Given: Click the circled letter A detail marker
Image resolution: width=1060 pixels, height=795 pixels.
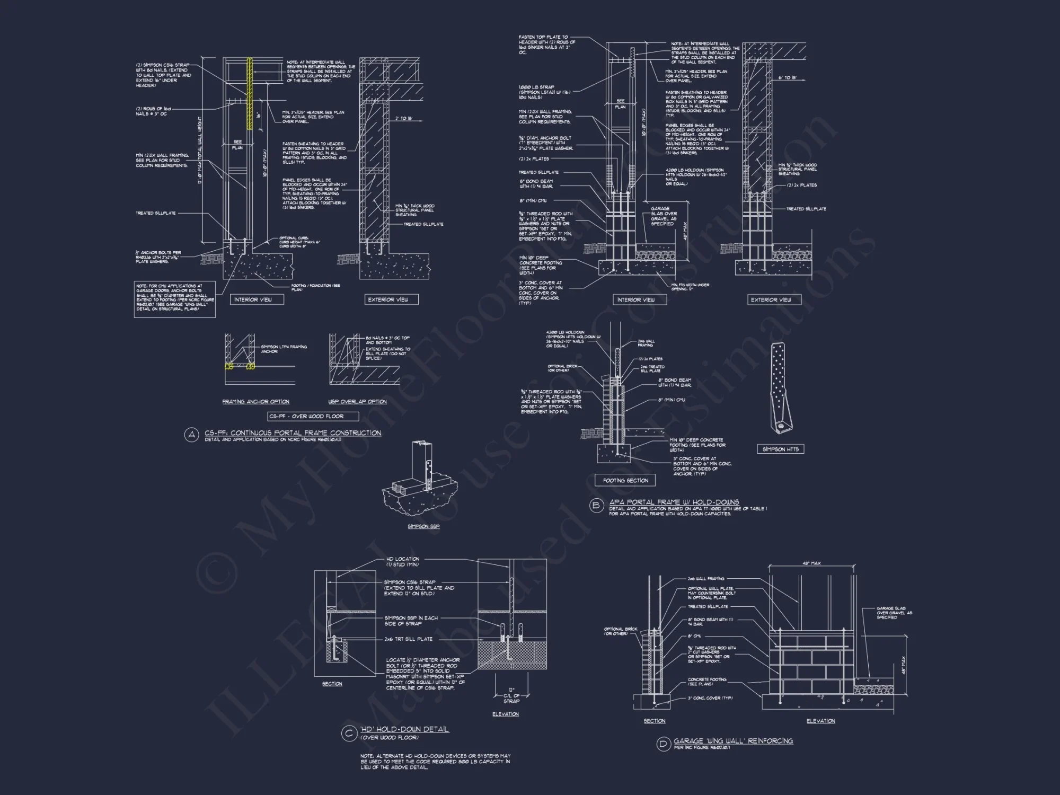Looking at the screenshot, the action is tap(191, 435).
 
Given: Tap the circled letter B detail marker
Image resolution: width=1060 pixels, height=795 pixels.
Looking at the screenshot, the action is tap(596, 505).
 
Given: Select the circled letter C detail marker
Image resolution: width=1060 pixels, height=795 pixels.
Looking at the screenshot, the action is tap(349, 734).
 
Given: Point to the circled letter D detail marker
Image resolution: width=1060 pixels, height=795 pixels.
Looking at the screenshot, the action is tap(663, 744).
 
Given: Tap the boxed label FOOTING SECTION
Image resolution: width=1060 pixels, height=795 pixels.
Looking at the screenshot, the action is tap(625, 481).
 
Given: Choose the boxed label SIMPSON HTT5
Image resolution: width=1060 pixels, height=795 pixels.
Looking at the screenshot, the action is tap(780, 449).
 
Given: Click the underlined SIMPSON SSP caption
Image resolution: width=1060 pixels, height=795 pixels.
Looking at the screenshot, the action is tap(423, 526).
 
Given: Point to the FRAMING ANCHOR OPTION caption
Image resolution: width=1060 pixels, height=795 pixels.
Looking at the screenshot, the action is tap(255, 402).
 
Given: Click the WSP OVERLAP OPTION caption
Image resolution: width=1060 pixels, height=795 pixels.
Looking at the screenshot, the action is tap(357, 402).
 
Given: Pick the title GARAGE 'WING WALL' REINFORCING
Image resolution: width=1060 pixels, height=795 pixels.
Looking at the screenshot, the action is tap(733, 741).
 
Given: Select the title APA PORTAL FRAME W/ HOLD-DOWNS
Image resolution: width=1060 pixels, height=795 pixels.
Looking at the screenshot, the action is tap(674, 502).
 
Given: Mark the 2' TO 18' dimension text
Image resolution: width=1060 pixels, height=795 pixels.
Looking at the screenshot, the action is tap(404, 118).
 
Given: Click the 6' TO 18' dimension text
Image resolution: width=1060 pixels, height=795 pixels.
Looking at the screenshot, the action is tap(787, 78).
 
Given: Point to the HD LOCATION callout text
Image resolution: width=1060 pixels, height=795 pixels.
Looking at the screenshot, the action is tap(402, 559).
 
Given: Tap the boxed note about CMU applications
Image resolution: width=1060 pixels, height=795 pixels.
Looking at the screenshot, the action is tap(175, 299).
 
